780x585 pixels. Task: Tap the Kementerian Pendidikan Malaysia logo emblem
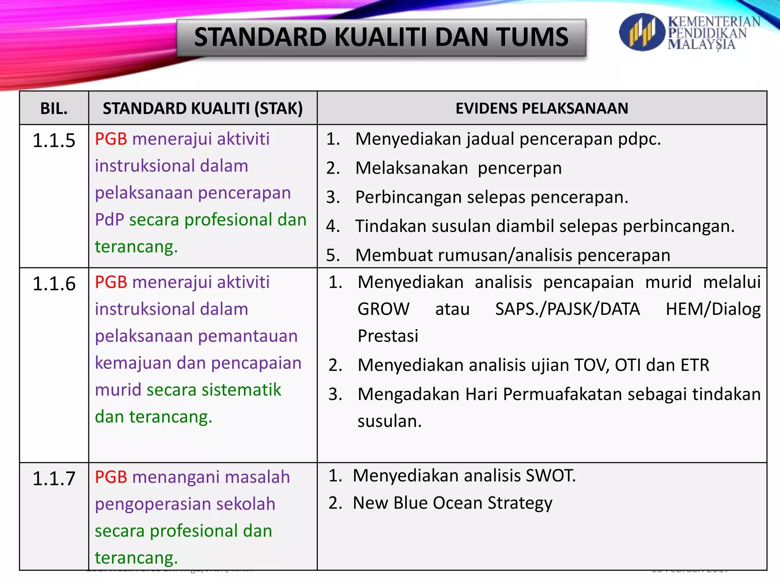coord(642,32)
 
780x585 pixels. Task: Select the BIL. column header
coord(54,109)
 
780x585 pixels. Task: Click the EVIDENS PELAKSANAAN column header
coord(542,109)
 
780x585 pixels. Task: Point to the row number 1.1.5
coord(54,141)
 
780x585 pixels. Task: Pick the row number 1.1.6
coord(54,284)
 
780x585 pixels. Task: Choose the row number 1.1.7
coord(54,478)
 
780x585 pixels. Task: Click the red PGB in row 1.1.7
coord(111,477)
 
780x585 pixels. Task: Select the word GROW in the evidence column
coord(383,309)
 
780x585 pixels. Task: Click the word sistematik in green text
coord(241,390)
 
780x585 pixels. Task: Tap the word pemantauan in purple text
coord(248,336)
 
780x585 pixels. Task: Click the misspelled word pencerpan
coord(519,168)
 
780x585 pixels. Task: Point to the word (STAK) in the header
coord(278,109)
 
